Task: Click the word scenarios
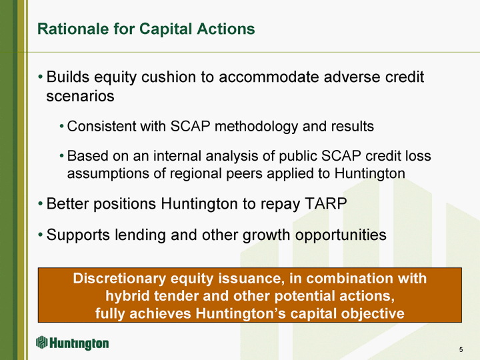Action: coord(80,96)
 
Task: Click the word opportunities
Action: coord(341,235)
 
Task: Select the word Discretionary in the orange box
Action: coord(120,279)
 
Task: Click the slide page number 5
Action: coord(461,349)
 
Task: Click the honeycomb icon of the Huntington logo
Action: coord(41,342)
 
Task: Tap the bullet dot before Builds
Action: coord(41,77)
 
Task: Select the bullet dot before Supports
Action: coord(41,235)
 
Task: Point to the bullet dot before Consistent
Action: coord(61,127)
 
